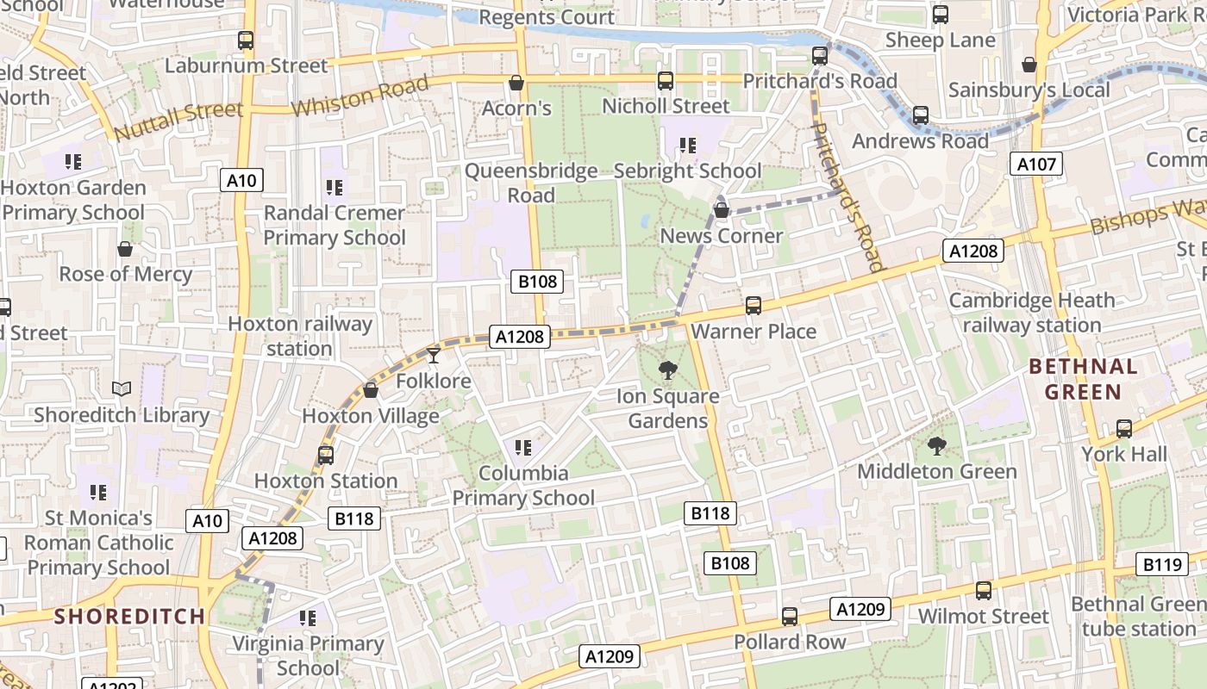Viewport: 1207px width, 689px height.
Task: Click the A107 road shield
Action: click(1035, 164)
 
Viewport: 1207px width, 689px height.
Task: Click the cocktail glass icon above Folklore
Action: click(434, 355)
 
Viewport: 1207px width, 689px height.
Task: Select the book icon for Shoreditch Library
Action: click(122, 389)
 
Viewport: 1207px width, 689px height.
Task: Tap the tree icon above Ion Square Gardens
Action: click(667, 371)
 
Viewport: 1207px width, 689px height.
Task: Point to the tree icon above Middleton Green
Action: click(936, 446)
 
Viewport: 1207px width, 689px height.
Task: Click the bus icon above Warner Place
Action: click(754, 306)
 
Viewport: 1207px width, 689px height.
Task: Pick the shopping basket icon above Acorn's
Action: click(516, 83)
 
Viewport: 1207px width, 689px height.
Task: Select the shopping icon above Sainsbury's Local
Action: click(1029, 65)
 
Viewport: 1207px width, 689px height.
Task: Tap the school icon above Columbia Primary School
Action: click(522, 448)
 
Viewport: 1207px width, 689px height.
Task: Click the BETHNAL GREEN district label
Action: click(1083, 379)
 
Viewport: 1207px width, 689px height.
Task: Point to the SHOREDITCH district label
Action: click(130, 617)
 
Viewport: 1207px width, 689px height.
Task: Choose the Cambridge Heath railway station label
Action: click(1032, 313)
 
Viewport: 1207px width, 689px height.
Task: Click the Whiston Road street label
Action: click(360, 96)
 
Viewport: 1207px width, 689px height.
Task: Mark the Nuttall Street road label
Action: click(178, 121)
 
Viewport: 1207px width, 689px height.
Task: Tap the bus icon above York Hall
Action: click(1124, 429)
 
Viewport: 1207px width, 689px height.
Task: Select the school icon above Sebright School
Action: click(687, 146)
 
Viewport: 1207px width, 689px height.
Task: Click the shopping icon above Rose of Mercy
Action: click(125, 249)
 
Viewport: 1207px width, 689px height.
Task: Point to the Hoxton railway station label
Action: click(299, 336)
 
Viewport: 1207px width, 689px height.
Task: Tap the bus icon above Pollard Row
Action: click(790, 617)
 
